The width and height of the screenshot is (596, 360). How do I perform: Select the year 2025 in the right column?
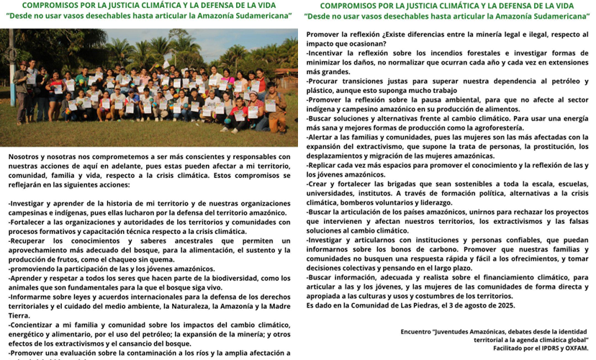tap(505, 305)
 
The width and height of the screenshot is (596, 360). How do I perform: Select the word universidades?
tap(339, 193)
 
